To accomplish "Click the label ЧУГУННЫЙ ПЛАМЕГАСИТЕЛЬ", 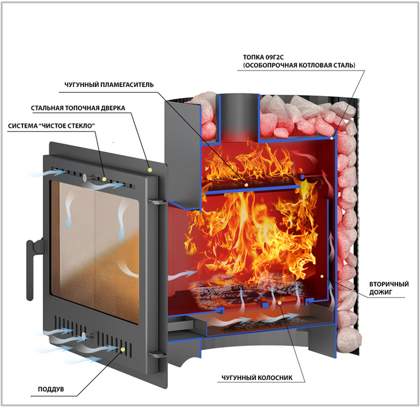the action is click(x=109, y=85).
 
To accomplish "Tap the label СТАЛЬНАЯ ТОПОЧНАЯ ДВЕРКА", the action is click(x=78, y=108).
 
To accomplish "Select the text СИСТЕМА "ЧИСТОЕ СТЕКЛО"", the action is click(x=52, y=126).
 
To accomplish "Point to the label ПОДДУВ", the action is click(x=51, y=389).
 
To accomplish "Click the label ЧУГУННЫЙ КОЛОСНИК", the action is click(x=257, y=378).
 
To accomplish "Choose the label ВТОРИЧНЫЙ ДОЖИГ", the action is click(x=389, y=288).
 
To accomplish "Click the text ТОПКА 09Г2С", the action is click(x=263, y=57).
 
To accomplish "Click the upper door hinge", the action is click(x=157, y=201).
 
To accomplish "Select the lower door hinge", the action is click(x=157, y=354).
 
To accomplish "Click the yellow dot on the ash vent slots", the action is click(x=123, y=349).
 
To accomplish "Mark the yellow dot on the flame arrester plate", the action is click(x=246, y=184).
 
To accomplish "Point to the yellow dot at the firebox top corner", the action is click(x=332, y=138).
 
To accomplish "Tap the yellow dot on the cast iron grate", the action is click(x=280, y=303).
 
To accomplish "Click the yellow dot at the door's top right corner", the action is click(x=150, y=170).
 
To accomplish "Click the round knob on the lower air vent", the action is click(x=84, y=336).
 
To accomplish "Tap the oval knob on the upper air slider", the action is click(x=85, y=177).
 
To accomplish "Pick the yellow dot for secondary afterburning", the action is click(x=322, y=276).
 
